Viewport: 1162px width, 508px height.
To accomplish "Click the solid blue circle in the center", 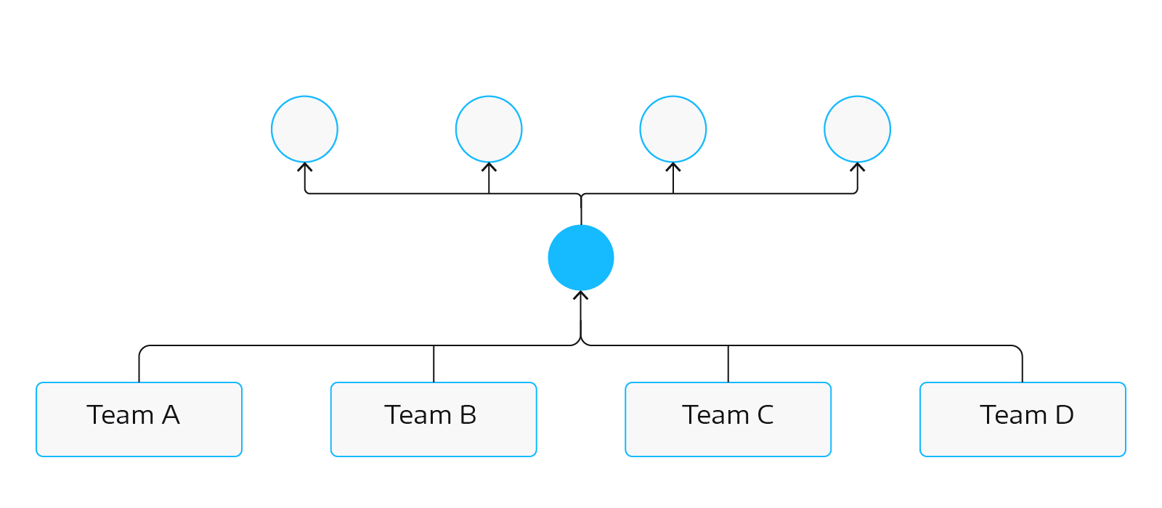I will click(581, 258).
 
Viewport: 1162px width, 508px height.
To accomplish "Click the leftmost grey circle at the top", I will click(304, 129).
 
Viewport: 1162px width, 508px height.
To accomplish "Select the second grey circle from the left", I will click(489, 129).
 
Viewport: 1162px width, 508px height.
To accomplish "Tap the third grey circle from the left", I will click(673, 129).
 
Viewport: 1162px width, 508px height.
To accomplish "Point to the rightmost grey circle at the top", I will click(857, 129).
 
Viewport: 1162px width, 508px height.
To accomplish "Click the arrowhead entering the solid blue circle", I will click(581, 295).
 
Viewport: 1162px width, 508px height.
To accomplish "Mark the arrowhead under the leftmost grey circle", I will click(305, 168).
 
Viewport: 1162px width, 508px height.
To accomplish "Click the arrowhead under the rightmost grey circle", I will click(858, 168).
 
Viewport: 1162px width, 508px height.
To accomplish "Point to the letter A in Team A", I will click(171, 415).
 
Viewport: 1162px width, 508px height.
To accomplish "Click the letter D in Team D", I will click(1064, 415).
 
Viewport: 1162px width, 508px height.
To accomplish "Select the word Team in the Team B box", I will click(418, 415).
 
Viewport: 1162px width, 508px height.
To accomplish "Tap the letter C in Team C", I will click(765, 415).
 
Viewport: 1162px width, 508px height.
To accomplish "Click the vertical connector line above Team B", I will click(434, 364).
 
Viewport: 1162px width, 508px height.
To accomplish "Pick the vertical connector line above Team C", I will click(728, 364).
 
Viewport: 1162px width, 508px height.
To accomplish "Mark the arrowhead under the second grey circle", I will click(489, 168).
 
